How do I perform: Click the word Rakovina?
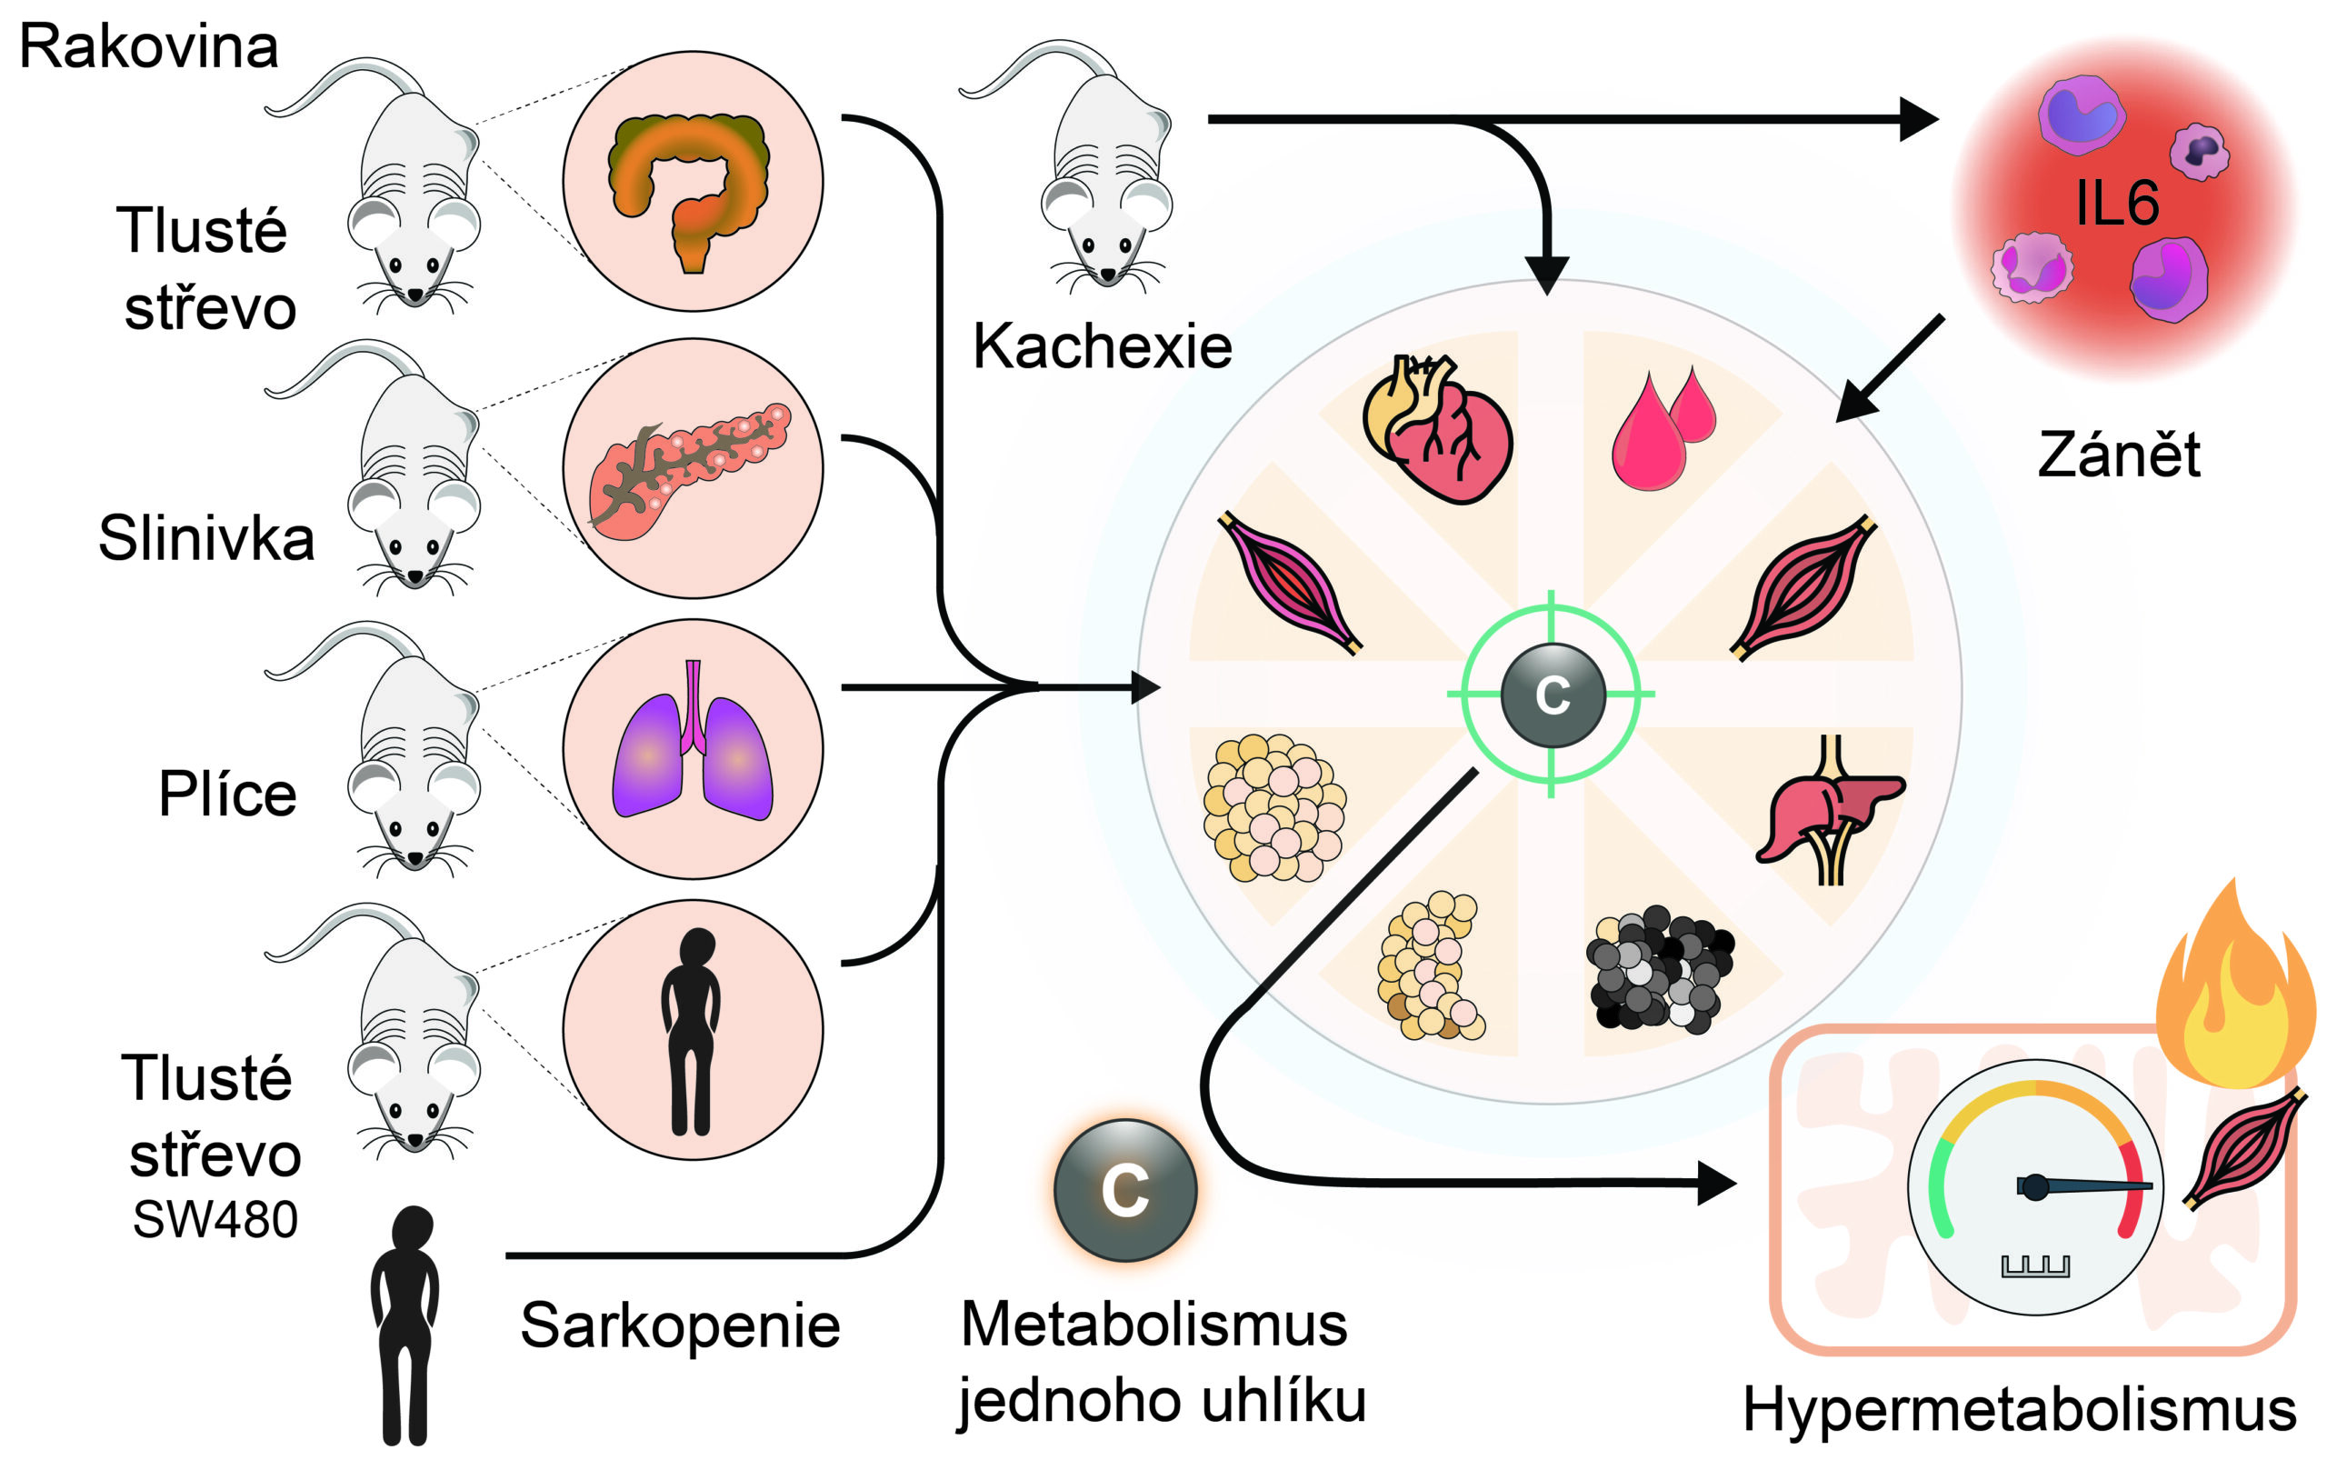149,46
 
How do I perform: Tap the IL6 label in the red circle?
2116,203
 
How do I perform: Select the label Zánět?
2118,455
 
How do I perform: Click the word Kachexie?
1102,346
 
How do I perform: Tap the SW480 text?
215,1219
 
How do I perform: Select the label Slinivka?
205,537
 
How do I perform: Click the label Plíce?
227,794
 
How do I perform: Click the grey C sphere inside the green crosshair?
1552,694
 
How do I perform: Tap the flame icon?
2232,986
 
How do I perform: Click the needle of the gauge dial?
2087,1185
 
